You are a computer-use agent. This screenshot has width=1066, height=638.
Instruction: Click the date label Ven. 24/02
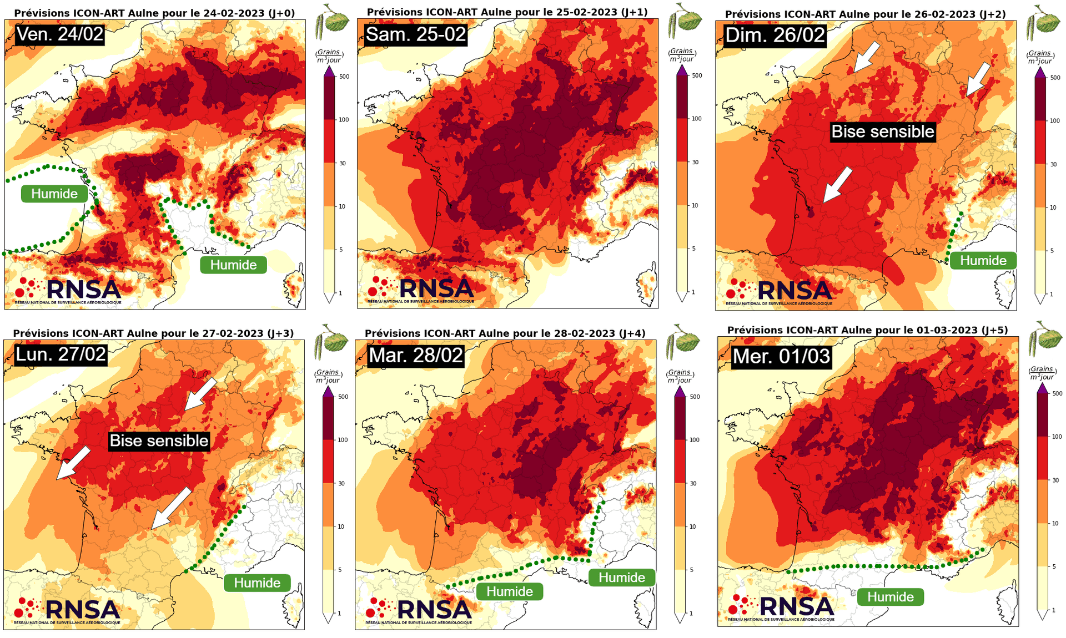(60, 34)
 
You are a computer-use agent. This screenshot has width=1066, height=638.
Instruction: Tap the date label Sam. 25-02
(416, 34)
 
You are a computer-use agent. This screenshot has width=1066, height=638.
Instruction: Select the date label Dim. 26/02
(775, 36)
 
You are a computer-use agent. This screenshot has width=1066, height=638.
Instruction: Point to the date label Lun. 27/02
(61, 354)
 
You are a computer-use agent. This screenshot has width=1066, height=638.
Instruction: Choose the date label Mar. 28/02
(416, 355)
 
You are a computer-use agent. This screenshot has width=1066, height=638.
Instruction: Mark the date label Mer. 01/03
(781, 356)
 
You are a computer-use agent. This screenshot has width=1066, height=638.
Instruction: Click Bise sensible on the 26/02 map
(883, 131)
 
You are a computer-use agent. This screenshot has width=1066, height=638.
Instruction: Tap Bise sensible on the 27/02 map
(159, 441)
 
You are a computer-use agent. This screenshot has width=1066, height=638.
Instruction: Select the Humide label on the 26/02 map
(983, 261)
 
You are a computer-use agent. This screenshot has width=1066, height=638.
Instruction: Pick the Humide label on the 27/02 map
(257, 583)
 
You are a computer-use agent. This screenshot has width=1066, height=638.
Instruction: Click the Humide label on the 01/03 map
(891, 597)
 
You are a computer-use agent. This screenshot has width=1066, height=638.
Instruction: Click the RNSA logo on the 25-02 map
(420, 290)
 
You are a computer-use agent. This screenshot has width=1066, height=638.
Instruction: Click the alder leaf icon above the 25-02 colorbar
(685, 21)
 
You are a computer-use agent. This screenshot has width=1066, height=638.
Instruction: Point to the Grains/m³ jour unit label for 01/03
(1042, 373)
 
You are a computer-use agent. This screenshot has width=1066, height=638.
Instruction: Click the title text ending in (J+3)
(153, 333)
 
